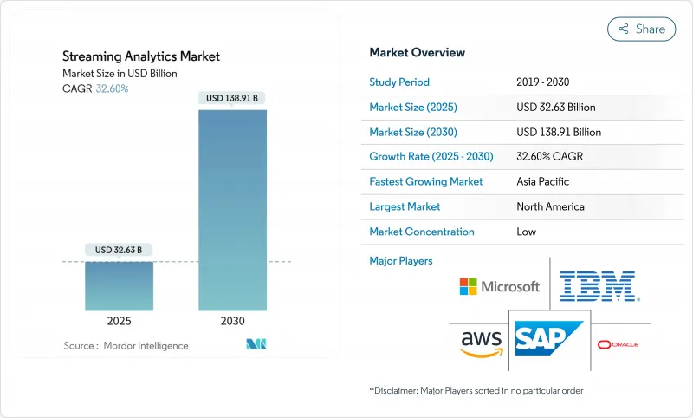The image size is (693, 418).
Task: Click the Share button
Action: pyautogui.click(x=642, y=29)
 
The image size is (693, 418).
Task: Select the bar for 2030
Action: pyautogui.click(x=233, y=208)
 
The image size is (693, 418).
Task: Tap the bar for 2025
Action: pyautogui.click(x=120, y=285)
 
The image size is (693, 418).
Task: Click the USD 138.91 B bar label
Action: pyautogui.click(x=233, y=98)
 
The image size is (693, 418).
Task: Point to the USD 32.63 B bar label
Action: pyautogui.click(x=120, y=250)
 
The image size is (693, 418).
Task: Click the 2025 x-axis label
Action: pyautogui.click(x=120, y=321)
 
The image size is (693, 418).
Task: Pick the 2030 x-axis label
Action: pyautogui.click(x=233, y=321)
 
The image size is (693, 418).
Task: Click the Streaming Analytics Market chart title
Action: pyautogui.click(x=141, y=56)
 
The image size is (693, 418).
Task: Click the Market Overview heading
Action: pyautogui.click(x=417, y=52)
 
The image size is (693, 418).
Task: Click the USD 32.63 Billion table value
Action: pyautogui.click(x=555, y=108)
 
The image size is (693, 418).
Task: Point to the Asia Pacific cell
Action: pyautogui.click(x=542, y=182)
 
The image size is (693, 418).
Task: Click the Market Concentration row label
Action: pyautogui.click(x=421, y=232)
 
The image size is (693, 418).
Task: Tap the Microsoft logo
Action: pyautogui.click(x=499, y=286)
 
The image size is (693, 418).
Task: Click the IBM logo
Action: pyautogui.click(x=599, y=286)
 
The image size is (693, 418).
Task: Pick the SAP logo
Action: pyautogui.click(x=549, y=337)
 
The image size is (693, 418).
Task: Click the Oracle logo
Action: pyautogui.click(x=618, y=344)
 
